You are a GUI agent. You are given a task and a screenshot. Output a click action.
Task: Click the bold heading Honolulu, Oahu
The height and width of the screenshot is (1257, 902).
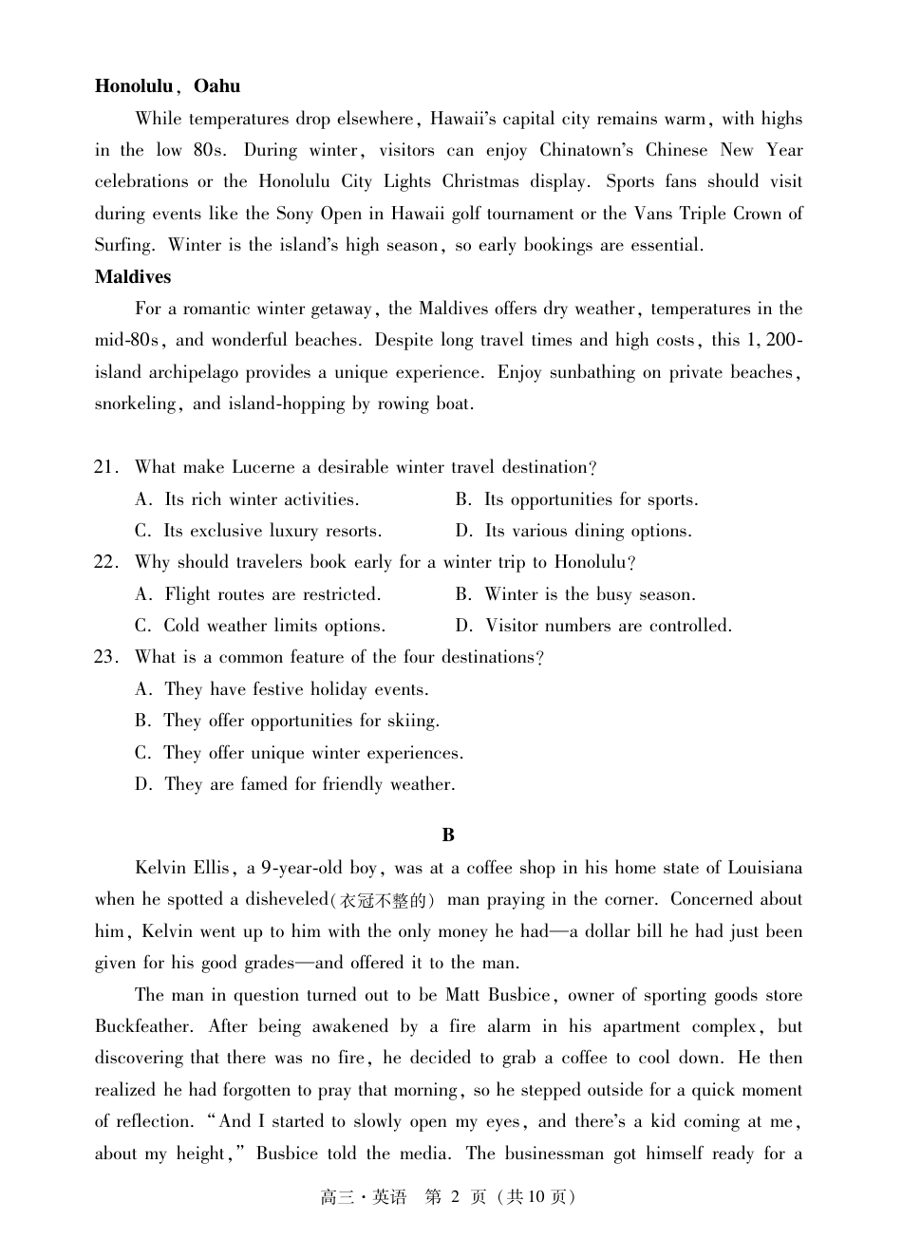[167, 86]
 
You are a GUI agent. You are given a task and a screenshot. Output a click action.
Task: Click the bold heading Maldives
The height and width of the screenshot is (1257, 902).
[133, 277]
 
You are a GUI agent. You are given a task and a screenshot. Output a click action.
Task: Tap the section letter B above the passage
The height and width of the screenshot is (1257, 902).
[448, 835]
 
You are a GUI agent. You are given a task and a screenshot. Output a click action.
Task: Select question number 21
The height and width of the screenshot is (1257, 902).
[106, 467]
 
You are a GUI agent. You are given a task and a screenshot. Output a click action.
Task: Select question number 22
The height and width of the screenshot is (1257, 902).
[106, 562]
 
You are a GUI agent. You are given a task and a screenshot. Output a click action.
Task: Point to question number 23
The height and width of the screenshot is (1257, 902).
[106, 657]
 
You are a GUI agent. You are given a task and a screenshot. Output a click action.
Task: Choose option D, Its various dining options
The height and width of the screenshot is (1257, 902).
[574, 531]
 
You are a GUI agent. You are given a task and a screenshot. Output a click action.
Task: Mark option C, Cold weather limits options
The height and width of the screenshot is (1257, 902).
[260, 626]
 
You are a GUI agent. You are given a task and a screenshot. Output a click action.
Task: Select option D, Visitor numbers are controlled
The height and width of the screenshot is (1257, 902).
[594, 626]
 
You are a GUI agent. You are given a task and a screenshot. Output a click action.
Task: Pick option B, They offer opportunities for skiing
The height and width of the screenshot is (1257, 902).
[288, 721]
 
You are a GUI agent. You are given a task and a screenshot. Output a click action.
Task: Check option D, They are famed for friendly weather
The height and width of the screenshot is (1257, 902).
[295, 784]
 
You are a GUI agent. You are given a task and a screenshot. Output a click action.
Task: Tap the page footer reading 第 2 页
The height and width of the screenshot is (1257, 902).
[455, 1197]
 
